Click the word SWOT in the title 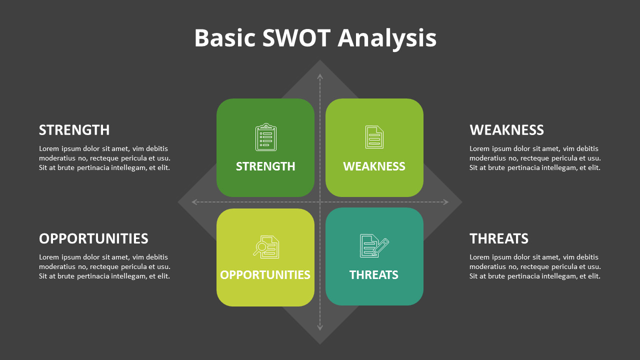coord(296,38)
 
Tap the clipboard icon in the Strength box coord(265,137)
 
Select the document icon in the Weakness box coord(374,137)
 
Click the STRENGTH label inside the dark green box coord(265,166)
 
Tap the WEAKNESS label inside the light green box coord(374,166)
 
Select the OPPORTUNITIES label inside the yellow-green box coord(265,275)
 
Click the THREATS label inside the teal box coord(374,275)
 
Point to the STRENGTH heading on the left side coord(74,130)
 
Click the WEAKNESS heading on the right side coord(506,130)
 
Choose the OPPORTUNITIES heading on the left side coord(93,238)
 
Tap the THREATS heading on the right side coord(498,238)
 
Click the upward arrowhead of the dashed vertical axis coord(320,76)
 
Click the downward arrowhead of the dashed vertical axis coord(320,328)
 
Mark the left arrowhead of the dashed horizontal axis coord(194,202)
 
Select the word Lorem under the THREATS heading coord(479,257)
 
